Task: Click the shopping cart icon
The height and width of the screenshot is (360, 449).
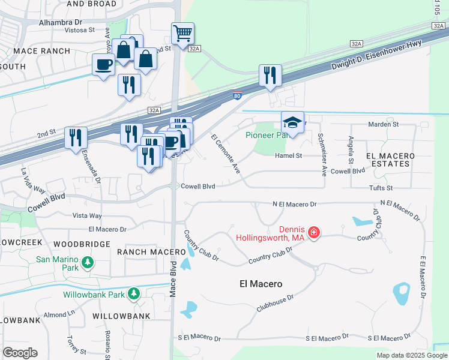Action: [182, 32]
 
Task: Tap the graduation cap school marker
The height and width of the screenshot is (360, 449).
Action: [292, 122]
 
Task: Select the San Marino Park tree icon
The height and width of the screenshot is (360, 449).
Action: [88, 262]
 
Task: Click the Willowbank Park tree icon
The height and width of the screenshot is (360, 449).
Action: [135, 294]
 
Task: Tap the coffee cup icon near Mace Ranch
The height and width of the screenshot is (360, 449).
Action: [103, 64]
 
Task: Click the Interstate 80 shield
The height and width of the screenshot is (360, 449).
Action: [237, 95]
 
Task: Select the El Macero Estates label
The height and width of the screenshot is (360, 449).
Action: [390, 159]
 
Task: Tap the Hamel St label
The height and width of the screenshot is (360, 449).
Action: [288, 155]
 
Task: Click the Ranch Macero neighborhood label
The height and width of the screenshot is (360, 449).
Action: [143, 251]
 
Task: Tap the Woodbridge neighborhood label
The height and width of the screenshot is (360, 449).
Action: [82, 244]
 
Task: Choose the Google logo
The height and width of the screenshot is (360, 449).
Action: [20, 353]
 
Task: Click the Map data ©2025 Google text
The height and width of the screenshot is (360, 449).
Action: [411, 355]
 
